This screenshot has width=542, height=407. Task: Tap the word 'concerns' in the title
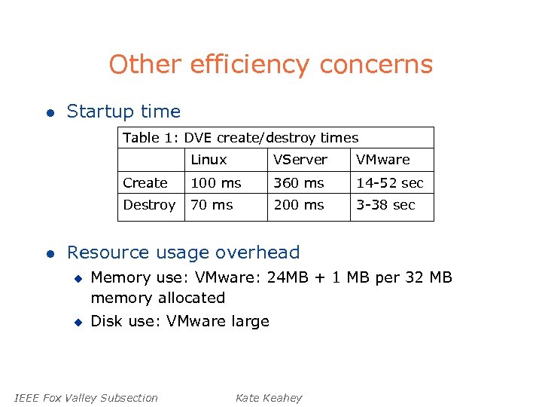376,65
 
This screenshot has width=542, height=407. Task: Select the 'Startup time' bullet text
123,112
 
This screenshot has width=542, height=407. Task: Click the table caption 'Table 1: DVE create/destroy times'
240,138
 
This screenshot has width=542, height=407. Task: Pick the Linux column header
209,160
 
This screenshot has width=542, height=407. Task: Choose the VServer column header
300,160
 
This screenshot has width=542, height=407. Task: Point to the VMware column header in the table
382,160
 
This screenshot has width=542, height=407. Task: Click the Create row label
145,183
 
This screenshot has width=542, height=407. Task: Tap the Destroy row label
149,205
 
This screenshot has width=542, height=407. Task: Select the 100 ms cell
216,183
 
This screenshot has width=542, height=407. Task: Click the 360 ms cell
298,183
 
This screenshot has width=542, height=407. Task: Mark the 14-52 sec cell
390,183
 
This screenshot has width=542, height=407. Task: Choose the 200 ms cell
298,205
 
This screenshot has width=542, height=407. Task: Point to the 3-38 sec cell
385,205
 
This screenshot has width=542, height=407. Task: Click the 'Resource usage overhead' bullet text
183,252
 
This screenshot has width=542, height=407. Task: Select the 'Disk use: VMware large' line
179,321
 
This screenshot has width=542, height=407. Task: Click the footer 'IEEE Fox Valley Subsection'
86,398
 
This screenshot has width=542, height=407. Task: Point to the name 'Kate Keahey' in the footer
268,398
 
